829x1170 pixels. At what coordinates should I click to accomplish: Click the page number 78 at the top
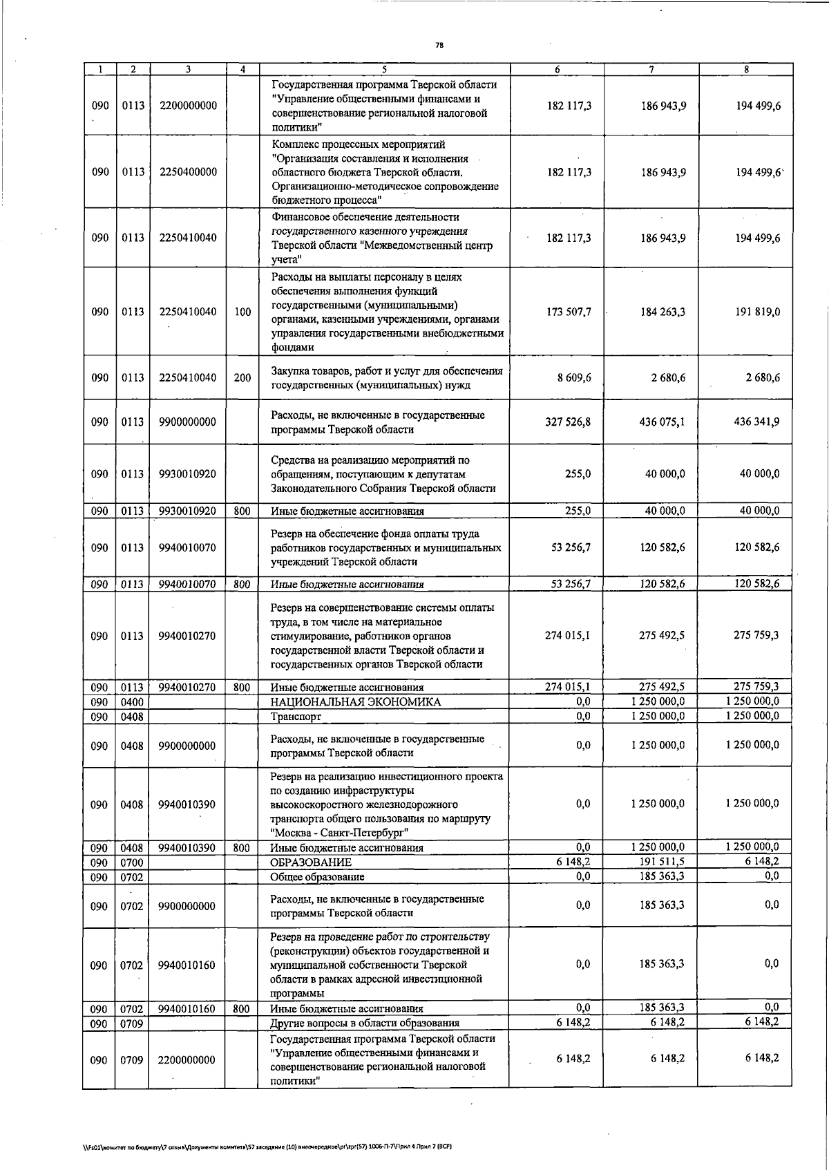[x=439, y=46]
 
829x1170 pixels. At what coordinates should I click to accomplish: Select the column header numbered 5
[x=384, y=69]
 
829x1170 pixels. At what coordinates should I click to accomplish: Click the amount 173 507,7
[x=569, y=312]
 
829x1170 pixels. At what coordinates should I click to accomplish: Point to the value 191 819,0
[x=757, y=312]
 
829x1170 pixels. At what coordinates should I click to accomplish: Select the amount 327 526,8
[x=568, y=422]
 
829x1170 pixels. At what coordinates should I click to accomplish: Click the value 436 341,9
[x=756, y=422]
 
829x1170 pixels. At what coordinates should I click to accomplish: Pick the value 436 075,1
[x=662, y=422]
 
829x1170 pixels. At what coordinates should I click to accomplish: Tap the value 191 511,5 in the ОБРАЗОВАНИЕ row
[x=662, y=861]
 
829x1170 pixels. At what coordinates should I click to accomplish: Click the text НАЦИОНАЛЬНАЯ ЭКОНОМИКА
[x=355, y=702]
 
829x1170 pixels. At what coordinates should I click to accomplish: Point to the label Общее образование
[x=317, y=876]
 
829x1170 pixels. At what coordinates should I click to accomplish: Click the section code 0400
[x=132, y=702]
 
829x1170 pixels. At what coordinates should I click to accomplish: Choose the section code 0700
[x=132, y=862]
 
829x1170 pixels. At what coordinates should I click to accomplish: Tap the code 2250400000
[x=187, y=172]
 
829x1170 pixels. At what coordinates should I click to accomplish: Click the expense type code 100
[x=242, y=312]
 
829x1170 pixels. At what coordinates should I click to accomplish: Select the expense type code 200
[x=242, y=378]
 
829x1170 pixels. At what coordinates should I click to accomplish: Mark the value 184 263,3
[x=662, y=312]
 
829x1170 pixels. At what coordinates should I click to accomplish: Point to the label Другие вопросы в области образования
[x=364, y=1023]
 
